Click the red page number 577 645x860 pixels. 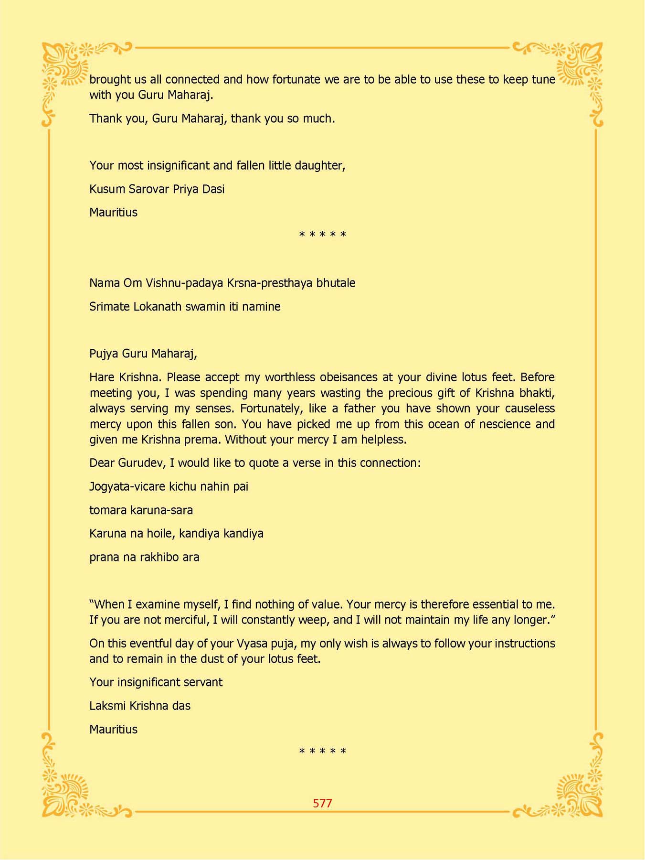(322, 803)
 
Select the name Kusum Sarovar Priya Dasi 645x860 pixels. (157, 189)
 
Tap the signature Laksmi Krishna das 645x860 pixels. (139, 706)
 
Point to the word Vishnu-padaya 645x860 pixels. (184, 283)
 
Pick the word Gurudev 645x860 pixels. (142, 463)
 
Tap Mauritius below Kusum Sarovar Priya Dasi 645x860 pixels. (113, 213)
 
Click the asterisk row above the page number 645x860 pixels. (322, 752)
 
